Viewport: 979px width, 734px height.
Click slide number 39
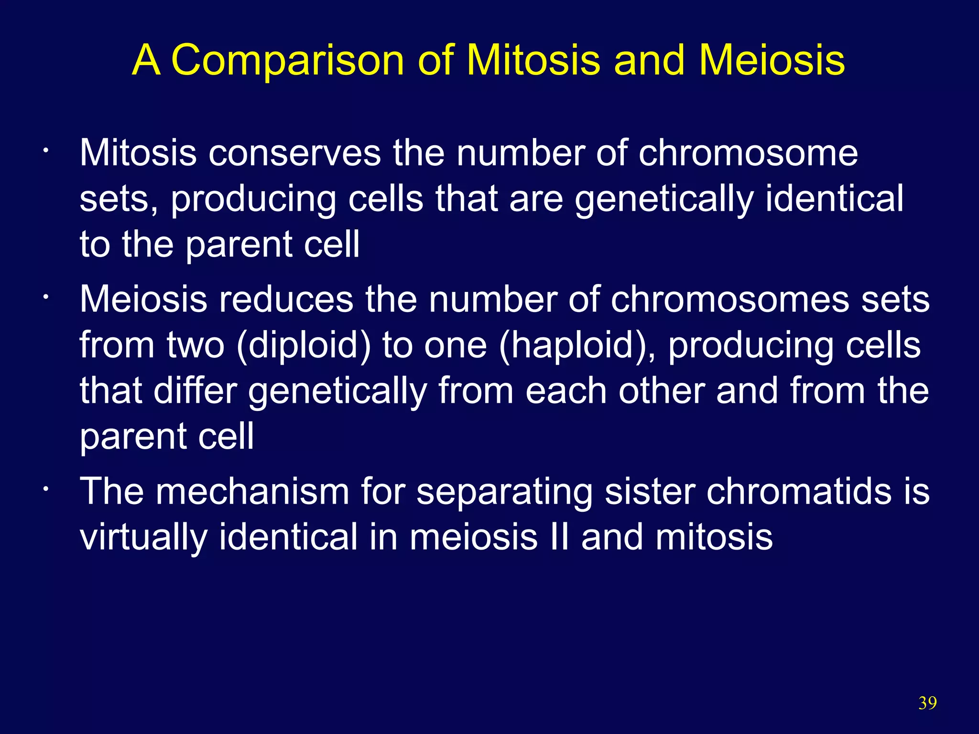[927, 703]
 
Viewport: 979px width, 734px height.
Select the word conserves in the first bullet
[294, 153]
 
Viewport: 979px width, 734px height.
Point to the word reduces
[286, 300]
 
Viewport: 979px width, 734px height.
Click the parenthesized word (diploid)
[304, 345]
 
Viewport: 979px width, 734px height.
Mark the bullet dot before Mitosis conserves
[44, 152]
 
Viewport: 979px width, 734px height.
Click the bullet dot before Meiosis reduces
[44, 298]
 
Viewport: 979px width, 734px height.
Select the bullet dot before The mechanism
[44, 490]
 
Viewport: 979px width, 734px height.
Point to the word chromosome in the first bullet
[748, 153]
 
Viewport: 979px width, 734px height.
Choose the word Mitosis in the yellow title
[533, 61]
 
